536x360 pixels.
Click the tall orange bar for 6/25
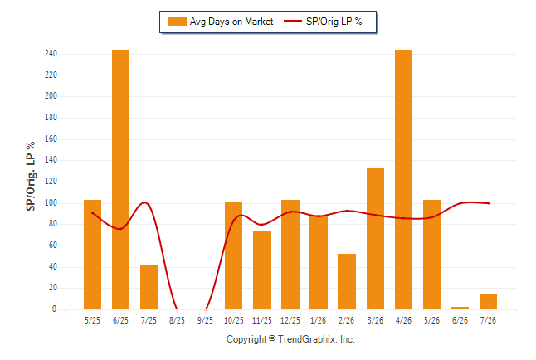pyautogui.click(x=120, y=179)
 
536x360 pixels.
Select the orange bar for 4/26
pyautogui.click(x=403, y=179)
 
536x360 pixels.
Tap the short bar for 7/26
pyautogui.click(x=488, y=302)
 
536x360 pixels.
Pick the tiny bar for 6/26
pyautogui.click(x=460, y=308)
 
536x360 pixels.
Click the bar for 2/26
pyautogui.click(x=347, y=282)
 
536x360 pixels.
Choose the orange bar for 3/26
pyautogui.click(x=375, y=239)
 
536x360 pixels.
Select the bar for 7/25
pyautogui.click(x=149, y=288)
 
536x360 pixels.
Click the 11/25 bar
pyautogui.click(x=262, y=270)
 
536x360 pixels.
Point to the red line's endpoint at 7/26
pyautogui.click(x=489, y=203)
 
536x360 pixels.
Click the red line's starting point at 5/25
pyautogui.click(x=92, y=213)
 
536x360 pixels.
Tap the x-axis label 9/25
pyautogui.click(x=205, y=321)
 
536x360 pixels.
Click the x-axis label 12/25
pyautogui.click(x=290, y=321)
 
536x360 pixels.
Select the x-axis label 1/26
pyautogui.click(x=319, y=321)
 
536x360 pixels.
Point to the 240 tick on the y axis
pyautogui.click(x=51, y=54)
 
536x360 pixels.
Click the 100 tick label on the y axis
pyautogui.click(x=51, y=203)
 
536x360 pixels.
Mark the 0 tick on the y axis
pyautogui.click(x=54, y=309)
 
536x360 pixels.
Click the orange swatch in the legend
pyautogui.click(x=177, y=22)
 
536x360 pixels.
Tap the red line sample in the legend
pyautogui.click(x=293, y=22)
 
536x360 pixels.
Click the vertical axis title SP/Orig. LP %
pyautogui.click(x=31, y=177)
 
